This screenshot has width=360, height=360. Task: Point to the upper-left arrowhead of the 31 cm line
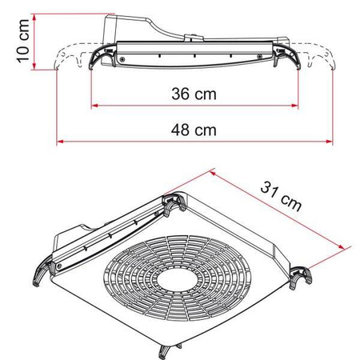(x=214, y=171)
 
